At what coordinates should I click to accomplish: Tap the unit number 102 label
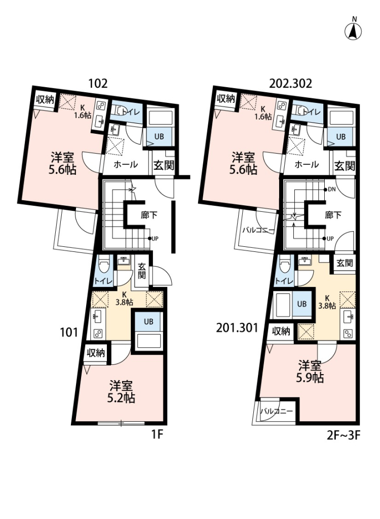tap(98, 84)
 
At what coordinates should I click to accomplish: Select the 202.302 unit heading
tap(290, 84)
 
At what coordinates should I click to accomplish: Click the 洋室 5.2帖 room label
tap(121, 392)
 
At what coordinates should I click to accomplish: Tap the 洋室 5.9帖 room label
tap(310, 372)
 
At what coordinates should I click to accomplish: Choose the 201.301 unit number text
tap(237, 328)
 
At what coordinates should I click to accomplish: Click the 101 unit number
tap(69, 332)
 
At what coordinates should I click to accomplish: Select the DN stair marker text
tap(331, 190)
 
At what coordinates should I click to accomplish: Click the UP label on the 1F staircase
tap(155, 238)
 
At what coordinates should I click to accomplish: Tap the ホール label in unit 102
tap(126, 164)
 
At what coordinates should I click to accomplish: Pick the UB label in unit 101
tap(148, 321)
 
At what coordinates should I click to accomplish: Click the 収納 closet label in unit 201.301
tap(281, 331)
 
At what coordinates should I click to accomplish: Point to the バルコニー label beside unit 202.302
tap(258, 231)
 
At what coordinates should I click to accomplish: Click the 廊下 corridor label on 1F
tap(149, 215)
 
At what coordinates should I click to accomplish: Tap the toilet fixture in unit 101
tap(104, 265)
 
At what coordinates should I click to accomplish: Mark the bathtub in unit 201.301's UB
tap(281, 304)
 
